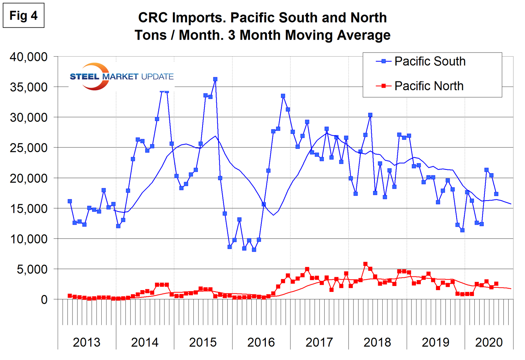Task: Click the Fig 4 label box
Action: coord(23,16)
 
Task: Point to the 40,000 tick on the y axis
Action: coord(29,57)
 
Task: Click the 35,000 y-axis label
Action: coord(29,87)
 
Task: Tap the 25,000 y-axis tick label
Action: coord(29,148)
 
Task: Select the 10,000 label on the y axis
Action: coord(29,239)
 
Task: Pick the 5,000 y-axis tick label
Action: coord(32,269)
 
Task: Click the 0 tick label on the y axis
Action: coord(44,300)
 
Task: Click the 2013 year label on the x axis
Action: coord(87,342)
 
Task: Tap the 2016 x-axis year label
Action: coord(261,342)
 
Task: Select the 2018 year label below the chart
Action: coord(377,342)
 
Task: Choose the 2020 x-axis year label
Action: coord(489,342)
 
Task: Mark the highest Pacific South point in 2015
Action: coord(215,79)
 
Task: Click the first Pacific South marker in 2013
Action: coord(70,201)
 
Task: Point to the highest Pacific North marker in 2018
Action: coord(365,264)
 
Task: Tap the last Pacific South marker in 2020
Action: coord(496,194)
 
